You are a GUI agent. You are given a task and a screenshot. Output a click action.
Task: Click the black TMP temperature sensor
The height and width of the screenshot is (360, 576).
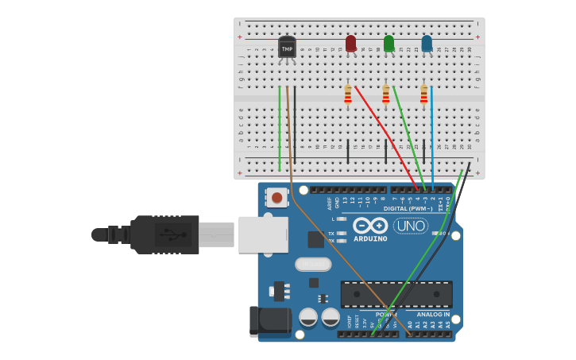[x=287, y=48]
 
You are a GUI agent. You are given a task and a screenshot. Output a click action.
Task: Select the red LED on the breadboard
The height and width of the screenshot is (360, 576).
[x=350, y=43]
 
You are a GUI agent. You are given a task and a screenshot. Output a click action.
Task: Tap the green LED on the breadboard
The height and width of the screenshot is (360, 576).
[x=389, y=43]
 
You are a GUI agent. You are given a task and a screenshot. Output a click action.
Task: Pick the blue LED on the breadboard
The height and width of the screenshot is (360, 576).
[x=427, y=43]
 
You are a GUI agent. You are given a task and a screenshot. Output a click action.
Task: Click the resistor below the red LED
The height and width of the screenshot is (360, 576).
[x=348, y=96]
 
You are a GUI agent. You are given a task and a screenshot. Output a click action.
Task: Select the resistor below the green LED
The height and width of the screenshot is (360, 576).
[x=386, y=96]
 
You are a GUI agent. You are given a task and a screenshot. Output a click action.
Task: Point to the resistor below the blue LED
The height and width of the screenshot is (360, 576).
[x=423, y=96]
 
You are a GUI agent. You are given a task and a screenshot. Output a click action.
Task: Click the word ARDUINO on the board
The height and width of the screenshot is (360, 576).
[x=370, y=238]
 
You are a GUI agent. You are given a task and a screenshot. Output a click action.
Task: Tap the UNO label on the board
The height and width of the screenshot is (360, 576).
[x=411, y=226]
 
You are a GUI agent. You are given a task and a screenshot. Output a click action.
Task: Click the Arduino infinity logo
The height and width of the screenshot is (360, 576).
[x=370, y=226]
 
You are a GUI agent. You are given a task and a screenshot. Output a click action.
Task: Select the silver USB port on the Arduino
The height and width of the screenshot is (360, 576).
[x=263, y=234]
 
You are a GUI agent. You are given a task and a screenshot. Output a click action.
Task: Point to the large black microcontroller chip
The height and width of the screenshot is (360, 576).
[x=396, y=293]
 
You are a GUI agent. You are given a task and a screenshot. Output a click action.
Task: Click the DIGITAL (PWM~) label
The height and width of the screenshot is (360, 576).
[x=408, y=209]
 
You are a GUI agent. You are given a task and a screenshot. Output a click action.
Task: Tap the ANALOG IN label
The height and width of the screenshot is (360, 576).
[x=433, y=315]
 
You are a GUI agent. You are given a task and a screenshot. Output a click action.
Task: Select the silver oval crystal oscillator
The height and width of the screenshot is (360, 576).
[x=312, y=264]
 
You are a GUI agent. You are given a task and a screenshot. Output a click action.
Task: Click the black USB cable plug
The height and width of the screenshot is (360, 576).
[x=163, y=234]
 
